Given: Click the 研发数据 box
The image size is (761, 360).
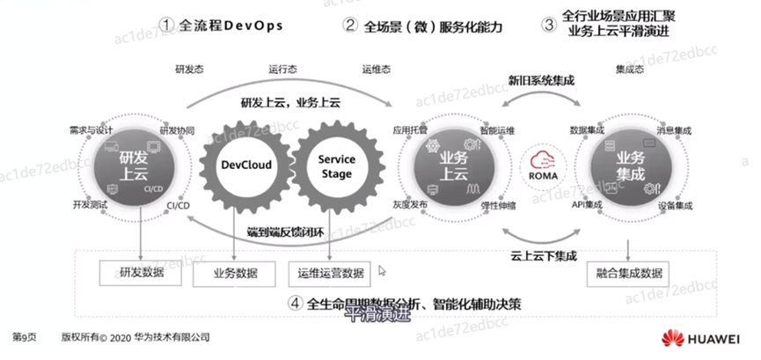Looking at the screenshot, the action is (141, 273).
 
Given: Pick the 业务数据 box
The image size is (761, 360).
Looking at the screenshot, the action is (235, 273).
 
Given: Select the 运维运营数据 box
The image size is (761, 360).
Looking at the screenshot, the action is (329, 273).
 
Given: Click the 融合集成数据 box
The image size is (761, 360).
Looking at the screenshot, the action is (627, 273).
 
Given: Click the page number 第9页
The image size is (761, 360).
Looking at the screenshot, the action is (23, 336).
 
